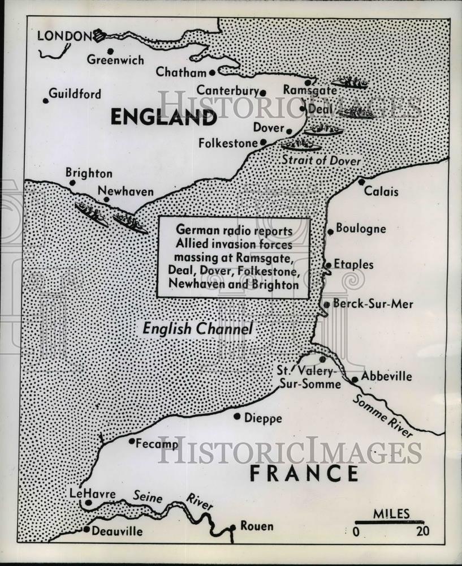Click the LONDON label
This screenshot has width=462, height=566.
tap(63, 36)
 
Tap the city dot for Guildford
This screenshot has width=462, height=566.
tap(46, 101)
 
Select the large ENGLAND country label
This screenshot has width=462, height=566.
tap(163, 117)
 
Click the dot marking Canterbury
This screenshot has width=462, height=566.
tap(263, 93)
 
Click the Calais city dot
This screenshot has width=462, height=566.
tap(361, 182)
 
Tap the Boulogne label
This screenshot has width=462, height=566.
tap(361, 229)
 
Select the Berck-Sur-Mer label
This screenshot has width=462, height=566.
tap(373, 304)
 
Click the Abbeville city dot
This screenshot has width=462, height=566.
tap(355, 380)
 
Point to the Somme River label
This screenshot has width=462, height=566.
tap(382, 416)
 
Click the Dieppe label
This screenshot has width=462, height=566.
tap(263, 418)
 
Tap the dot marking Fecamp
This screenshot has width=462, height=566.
tap(132, 441)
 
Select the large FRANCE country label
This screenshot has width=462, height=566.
tap(304, 473)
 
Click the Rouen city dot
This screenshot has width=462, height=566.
tap(232, 528)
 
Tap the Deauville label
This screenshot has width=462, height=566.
tap(117, 531)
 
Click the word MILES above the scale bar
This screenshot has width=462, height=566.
tap(391, 514)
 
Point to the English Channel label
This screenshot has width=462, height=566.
tap(197, 328)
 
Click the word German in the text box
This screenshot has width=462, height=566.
tap(195, 231)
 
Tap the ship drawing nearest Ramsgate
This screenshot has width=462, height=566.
tap(350, 83)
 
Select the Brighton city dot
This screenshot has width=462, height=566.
tap(72, 183)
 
